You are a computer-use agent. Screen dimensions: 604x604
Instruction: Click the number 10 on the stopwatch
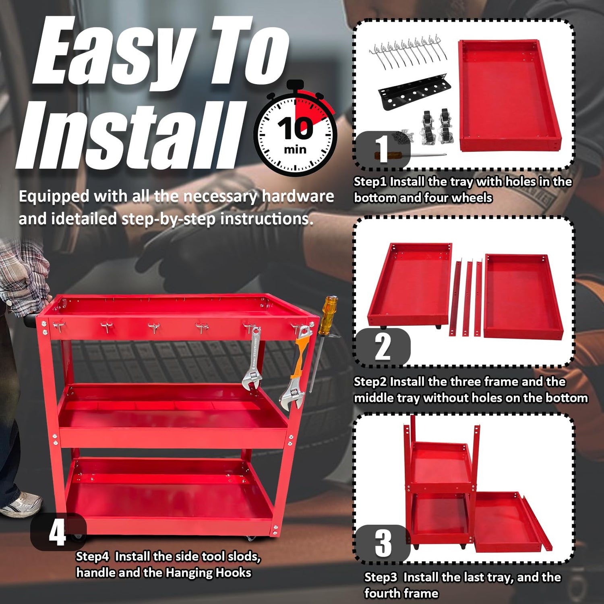(295, 128)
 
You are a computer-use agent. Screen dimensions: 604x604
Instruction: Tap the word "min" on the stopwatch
(295, 150)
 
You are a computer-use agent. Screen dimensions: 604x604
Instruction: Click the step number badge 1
(382, 149)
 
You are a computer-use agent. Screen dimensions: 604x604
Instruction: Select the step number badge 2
(383, 347)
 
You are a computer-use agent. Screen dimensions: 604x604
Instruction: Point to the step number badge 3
(383, 543)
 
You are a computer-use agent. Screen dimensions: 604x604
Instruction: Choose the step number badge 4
(58, 532)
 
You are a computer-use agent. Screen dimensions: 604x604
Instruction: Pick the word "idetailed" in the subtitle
(84, 219)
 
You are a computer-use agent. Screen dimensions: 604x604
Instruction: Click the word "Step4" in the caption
(92, 557)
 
